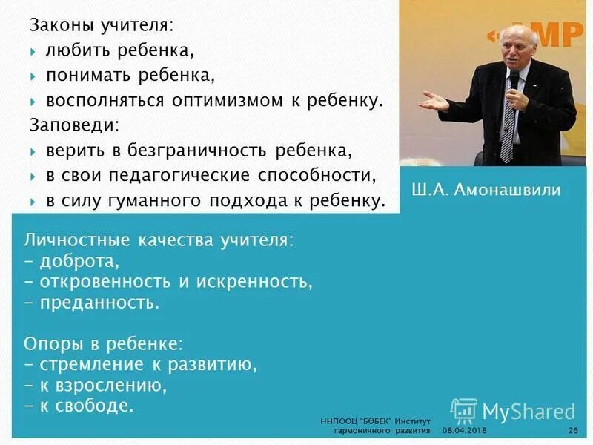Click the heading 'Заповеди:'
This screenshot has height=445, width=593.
pyautogui.click(x=74, y=124)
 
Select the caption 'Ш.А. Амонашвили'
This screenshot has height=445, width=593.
pyautogui.click(x=486, y=189)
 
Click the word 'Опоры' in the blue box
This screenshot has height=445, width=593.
pyautogui.click(x=51, y=344)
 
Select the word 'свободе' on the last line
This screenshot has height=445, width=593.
pyautogui.click(x=104, y=405)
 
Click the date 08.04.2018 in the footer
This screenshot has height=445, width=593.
pyautogui.click(x=465, y=431)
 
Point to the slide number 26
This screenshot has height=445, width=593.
pyautogui.click(x=572, y=431)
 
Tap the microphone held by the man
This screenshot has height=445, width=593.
pyautogui.click(x=513, y=82)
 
